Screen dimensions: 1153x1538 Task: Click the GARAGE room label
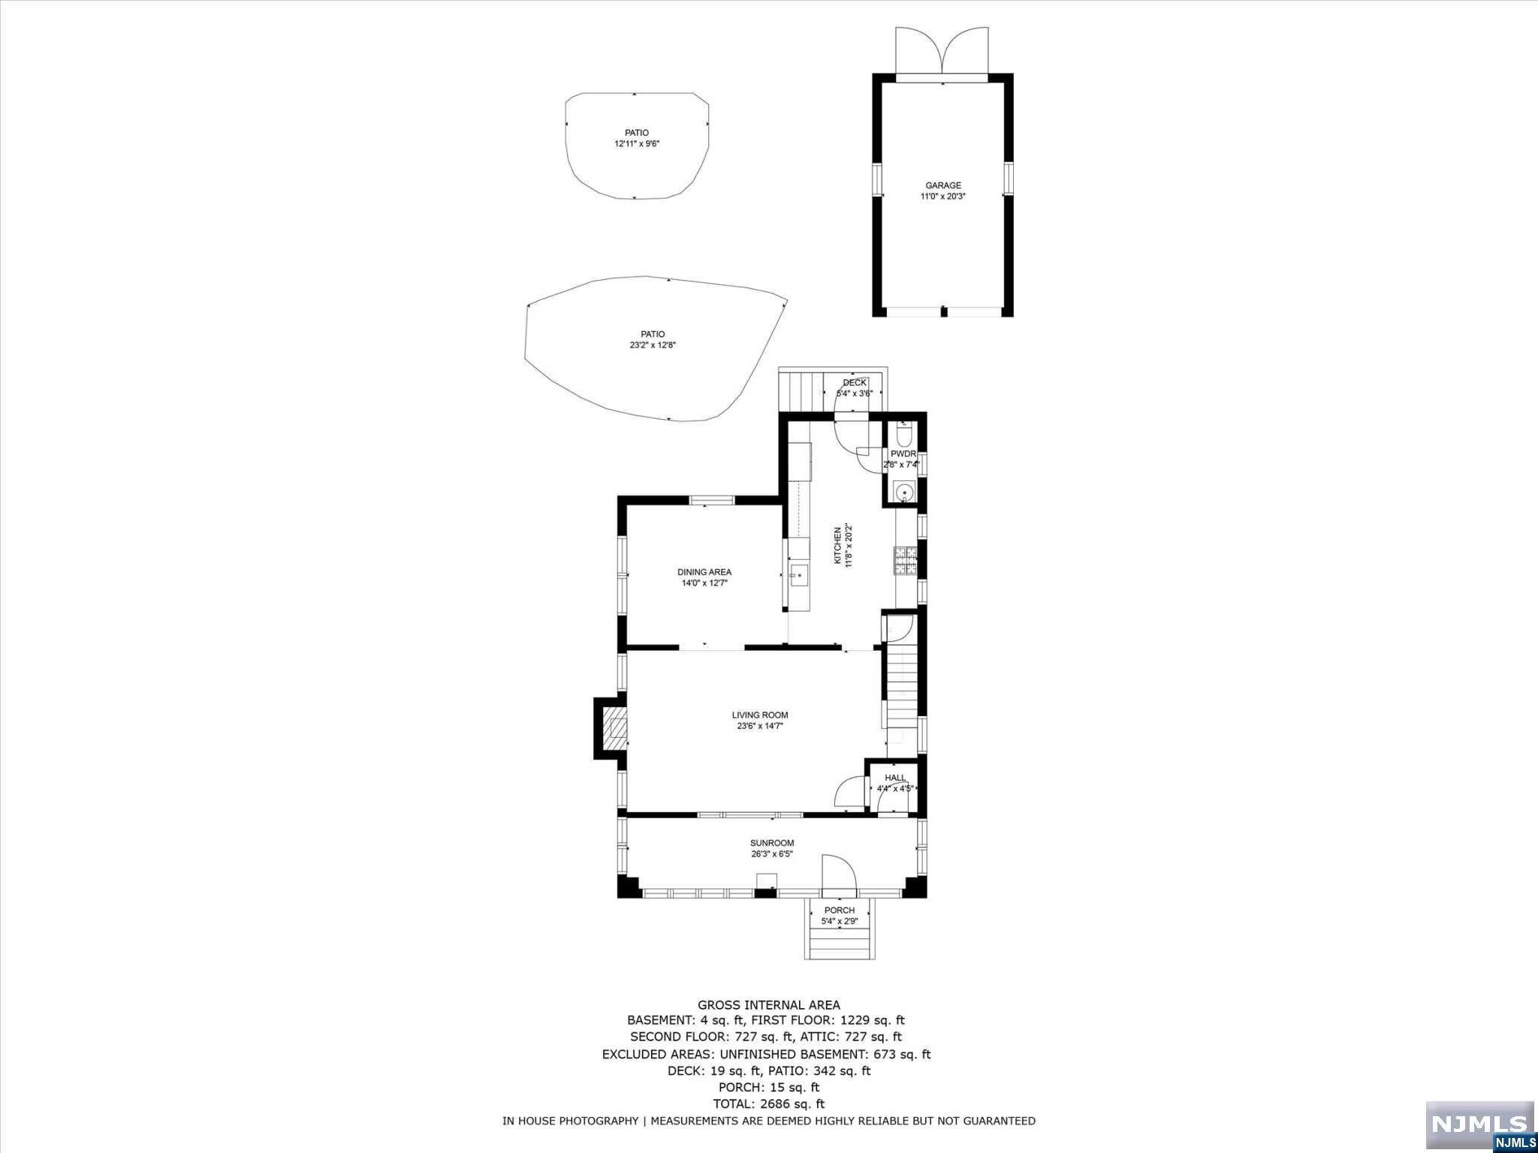(x=942, y=185)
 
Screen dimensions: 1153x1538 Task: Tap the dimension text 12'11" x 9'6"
(x=636, y=144)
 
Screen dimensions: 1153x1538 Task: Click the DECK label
(x=855, y=383)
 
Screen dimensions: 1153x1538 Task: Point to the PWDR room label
(x=903, y=454)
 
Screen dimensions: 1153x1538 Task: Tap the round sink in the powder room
(x=906, y=492)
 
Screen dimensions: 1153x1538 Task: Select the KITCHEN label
(x=838, y=545)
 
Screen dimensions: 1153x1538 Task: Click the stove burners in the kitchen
(x=906, y=561)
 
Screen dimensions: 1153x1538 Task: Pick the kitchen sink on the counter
(x=798, y=576)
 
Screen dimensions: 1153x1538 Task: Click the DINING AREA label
(x=704, y=572)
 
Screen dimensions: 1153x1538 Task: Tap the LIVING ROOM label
(x=760, y=715)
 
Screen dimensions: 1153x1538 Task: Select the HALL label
(x=895, y=778)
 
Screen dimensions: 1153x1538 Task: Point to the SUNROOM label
(x=771, y=843)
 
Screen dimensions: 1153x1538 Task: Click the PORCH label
(x=839, y=911)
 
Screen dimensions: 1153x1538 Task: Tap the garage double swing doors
(x=942, y=53)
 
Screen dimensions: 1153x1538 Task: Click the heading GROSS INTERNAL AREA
(x=768, y=1005)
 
